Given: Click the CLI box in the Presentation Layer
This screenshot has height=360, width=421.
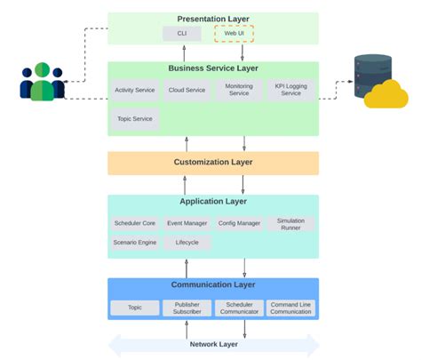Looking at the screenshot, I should tap(182, 34).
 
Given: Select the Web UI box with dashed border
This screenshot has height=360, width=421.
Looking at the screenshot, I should tap(234, 34).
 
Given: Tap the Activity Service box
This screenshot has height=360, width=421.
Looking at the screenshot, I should tap(135, 90).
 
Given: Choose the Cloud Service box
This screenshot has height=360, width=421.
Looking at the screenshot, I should tap(187, 90).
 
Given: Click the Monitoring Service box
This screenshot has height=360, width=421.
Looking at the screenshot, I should tap(239, 90).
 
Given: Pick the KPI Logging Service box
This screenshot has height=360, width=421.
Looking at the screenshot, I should tap(290, 90).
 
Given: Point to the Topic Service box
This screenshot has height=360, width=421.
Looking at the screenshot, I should tap(135, 118).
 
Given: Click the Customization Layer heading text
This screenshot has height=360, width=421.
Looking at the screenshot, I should tap(213, 163).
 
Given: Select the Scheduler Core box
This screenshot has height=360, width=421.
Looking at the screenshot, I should tap(135, 223).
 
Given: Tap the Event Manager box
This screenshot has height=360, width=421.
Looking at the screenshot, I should tap(187, 223).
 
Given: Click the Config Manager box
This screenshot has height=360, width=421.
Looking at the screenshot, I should tap(239, 223).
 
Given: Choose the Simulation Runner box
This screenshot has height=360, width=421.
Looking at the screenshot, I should tap(290, 223).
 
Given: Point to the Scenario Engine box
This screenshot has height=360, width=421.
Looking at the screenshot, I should tap(135, 242).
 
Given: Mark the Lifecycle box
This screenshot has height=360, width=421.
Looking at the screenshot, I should tap(187, 242).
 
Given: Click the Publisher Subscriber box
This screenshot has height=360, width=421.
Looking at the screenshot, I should tap(187, 308).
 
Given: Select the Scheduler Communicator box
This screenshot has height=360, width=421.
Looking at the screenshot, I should tap(239, 308).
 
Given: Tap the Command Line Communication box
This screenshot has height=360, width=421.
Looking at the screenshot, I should tap(290, 308).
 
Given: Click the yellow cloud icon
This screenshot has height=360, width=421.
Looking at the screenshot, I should tap(385, 93).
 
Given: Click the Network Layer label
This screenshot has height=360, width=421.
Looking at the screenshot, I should tap(213, 344).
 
